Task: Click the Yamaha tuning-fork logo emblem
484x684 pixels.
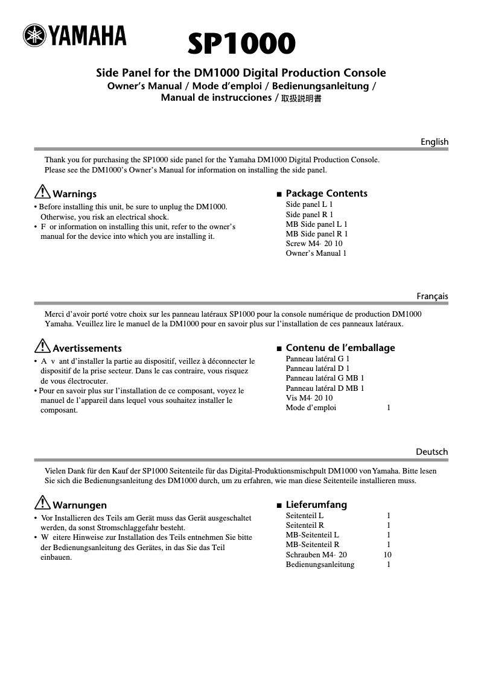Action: [x=35, y=36]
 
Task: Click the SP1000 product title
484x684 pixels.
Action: [x=241, y=44]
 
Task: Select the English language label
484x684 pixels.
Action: [x=435, y=142]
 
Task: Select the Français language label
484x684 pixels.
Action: [x=432, y=296]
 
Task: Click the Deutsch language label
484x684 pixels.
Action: [x=432, y=452]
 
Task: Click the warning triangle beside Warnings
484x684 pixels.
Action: [x=42, y=192]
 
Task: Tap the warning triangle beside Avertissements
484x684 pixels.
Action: [x=42, y=347]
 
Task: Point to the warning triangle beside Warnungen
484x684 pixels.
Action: [x=42, y=504]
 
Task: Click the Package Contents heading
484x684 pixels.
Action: [x=326, y=193]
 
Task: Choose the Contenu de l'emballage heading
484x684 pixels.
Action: [x=340, y=347]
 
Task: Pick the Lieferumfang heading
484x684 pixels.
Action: [x=316, y=504]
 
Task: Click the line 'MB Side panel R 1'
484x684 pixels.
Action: [x=316, y=233]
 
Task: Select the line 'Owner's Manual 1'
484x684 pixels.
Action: [x=316, y=253]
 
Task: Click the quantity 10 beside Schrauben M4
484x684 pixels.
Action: [x=387, y=554]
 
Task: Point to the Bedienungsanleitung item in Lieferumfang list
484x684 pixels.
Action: [x=320, y=565]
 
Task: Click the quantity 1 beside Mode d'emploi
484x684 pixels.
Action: [x=389, y=408]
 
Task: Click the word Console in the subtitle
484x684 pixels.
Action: [x=365, y=73]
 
